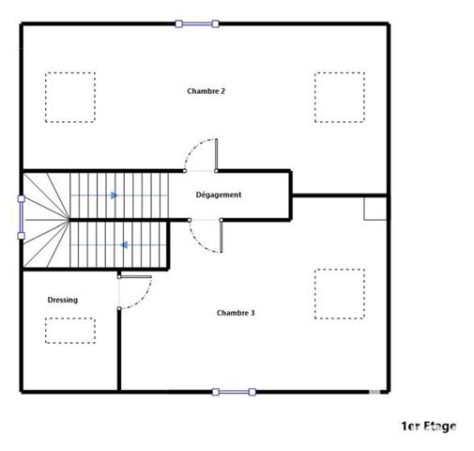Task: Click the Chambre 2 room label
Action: tap(206, 91)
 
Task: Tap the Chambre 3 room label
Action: tap(236, 313)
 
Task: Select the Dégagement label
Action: tap(219, 194)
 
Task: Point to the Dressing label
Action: tap(63, 300)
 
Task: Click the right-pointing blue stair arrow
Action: tap(114, 195)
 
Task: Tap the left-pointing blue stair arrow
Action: tap(123, 246)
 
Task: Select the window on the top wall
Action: tap(197, 23)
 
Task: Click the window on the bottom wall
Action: tap(233, 391)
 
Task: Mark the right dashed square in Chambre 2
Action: tap(339, 97)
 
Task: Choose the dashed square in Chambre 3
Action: tap(339, 294)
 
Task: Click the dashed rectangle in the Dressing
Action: tap(70, 331)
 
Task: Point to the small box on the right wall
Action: tap(375, 209)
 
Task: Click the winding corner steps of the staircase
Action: tap(45, 218)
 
